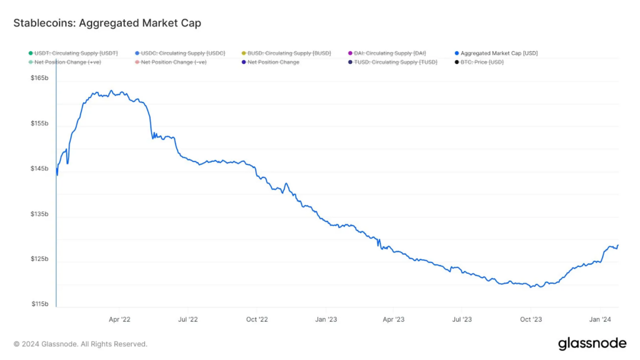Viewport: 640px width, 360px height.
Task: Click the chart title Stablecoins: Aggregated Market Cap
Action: pos(107,23)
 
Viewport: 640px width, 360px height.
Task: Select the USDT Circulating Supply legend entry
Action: pos(76,53)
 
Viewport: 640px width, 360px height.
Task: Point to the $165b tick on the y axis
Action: pos(39,79)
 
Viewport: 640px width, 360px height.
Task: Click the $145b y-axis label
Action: pos(39,169)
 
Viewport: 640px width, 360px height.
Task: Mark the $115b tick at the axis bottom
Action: pos(39,304)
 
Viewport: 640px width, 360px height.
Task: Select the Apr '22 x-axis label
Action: pos(119,319)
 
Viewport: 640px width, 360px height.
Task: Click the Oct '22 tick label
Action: pos(257,319)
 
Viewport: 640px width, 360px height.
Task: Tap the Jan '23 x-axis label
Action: pos(326,319)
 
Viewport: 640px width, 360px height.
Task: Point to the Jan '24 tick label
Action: pos(601,319)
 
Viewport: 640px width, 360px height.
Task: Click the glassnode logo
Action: pos(591,343)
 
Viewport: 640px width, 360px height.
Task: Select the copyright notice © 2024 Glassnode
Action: pos(81,344)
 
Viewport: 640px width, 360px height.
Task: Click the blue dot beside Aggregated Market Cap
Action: pos(457,53)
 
